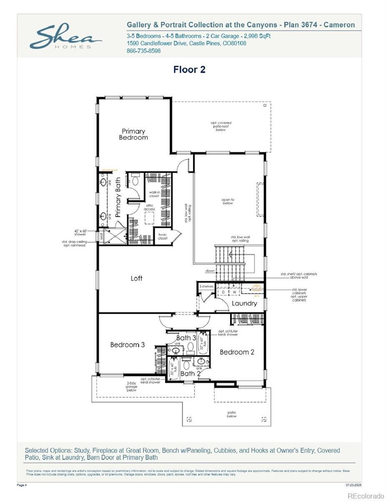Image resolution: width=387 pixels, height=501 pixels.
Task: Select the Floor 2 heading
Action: point(189,70)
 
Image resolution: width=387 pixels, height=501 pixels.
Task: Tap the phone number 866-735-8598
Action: point(143,51)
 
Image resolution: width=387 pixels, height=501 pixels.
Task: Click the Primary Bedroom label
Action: point(133,134)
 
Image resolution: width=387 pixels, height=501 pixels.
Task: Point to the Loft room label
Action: point(137,278)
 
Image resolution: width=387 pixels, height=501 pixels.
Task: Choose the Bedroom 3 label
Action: point(127,345)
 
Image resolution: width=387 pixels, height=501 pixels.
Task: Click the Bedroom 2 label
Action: point(237,352)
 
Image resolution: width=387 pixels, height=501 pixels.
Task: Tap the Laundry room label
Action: point(244,304)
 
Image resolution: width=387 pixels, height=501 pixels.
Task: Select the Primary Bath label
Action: point(118,197)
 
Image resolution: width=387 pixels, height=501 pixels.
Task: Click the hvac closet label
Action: point(162,237)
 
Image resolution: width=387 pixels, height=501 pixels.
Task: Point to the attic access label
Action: point(149,207)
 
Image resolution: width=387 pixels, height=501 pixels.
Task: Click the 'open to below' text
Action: point(228,201)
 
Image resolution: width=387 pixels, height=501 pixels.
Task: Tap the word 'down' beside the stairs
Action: point(210,271)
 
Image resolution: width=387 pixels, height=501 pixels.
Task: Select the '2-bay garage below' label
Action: point(132,387)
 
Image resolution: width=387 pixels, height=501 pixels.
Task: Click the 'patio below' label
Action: point(232,414)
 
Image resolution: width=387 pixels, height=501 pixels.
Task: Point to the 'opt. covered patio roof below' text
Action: point(221,126)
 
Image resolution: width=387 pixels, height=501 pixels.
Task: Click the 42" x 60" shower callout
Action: point(80,233)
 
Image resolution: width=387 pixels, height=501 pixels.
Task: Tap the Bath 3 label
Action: point(186,337)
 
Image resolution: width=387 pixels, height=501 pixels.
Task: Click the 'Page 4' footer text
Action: point(22,485)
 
